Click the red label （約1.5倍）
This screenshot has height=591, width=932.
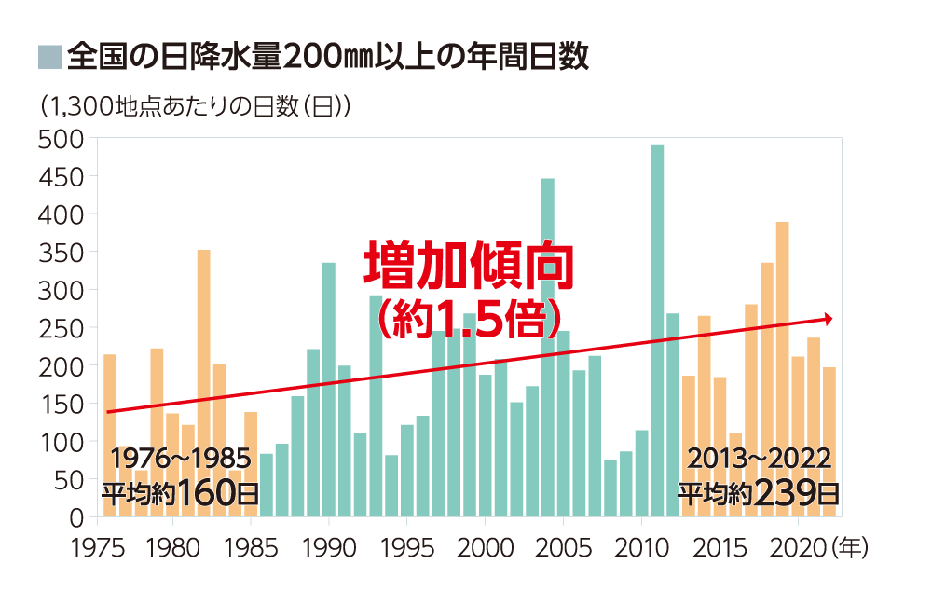tap(466, 318)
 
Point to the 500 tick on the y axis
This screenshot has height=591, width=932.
tap(62, 139)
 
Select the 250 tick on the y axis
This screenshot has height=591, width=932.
tap(62, 328)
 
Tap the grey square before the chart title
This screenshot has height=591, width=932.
tap(48, 58)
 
